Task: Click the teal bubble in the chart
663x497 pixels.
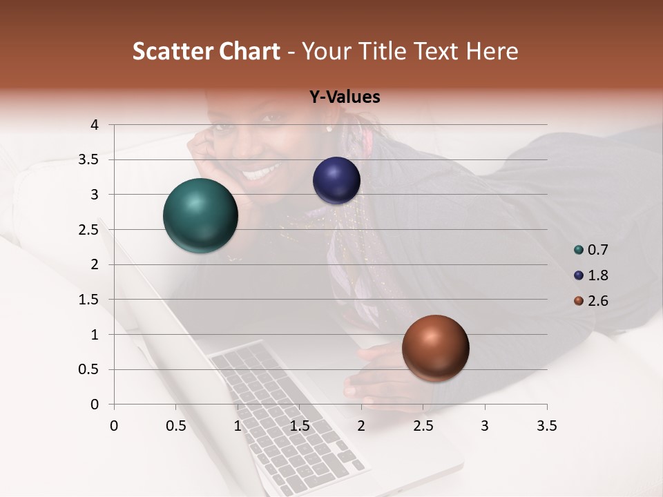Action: pyautogui.click(x=200, y=215)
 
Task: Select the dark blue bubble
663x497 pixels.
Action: pyautogui.click(x=336, y=180)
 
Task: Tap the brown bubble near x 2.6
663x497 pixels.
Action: pyautogui.click(x=435, y=348)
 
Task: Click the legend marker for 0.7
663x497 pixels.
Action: pyautogui.click(x=578, y=250)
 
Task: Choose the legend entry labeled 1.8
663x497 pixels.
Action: pyautogui.click(x=597, y=275)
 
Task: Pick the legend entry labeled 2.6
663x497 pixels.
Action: pyautogui.click(x=597, y=301)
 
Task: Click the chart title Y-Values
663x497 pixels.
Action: pyautogui.click(x=345, y=97)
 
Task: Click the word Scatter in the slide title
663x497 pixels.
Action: pyautogui.click(x=173, y=51)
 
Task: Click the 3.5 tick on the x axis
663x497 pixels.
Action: pyautogui.click(x=546, y=426)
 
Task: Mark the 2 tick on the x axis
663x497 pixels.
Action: pyautogui.click(x=361, y=426)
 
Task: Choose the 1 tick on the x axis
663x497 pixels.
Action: pyautogui.click(x=238, y=426)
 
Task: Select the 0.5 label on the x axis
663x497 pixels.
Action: pyautogui.click(x=176, y=426)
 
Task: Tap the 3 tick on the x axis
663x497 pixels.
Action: pyautogui.click(x=484, y=426)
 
